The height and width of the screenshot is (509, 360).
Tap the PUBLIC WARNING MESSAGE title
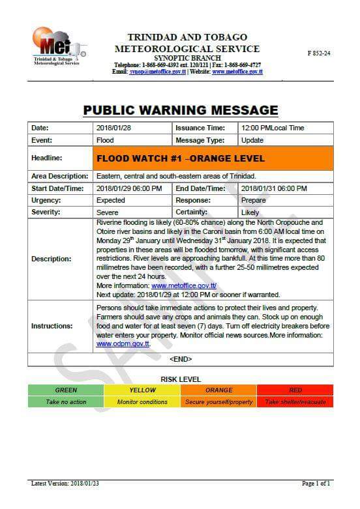pyautogui.click(x=181, y=109)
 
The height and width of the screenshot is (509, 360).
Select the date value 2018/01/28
pyautogui.click(x=114, y=128)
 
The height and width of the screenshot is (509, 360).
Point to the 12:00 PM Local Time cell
pyautogui.click(x=273, y=128)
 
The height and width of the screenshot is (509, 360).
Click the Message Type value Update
pyautogui.click(x=252, y=140)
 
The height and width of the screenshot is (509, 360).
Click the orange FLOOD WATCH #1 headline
pyautogui.click(x=181, y=158)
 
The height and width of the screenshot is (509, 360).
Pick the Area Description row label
pyautogui.click(x=59, y=177)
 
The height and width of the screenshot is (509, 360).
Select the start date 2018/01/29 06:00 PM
pyautogui.click(x=129, y=188)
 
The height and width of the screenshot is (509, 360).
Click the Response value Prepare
pyautogui.click(x=254, y=200)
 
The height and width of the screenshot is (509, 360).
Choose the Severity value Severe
pyautogui.click(x=108, y=212)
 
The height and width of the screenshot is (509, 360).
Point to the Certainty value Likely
pyautogui.click(x=250, y=212)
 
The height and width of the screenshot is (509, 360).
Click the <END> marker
pyautogui.click(x=181, y=359)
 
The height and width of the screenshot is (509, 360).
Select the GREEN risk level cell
pyautogui.click(x=66, y=390)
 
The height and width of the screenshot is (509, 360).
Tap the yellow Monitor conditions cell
pyautogui.click(x=142, y=402)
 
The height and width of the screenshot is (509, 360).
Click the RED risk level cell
pyautogui.click(x=295, y=390)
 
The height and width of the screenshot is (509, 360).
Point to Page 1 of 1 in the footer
pyautogui.click(x=316, y=484)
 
